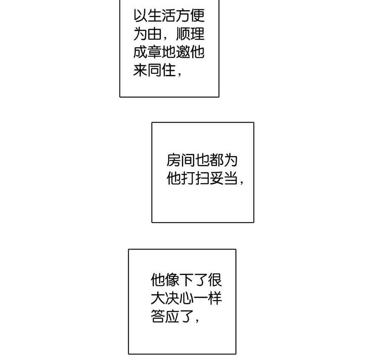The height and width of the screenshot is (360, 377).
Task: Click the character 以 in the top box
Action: pyautogui.click(x=140, y=15)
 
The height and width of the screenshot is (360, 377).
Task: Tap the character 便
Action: pyautogui.click(x=197, y=15)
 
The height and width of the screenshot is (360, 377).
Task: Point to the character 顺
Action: pyautogui.click(x=183, y=34)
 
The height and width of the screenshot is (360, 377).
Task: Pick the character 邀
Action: pyautogui.click(x=183, y=52)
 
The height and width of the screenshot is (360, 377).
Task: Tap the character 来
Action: pyautogui.click(x=140, y=70)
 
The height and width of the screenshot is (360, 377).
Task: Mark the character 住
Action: pyautogui.click(x=169, y=70)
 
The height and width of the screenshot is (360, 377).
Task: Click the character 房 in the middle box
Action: pyautogui.click(x=173, y=160)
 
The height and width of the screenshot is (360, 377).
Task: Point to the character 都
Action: pyautogui.click(x=216, y=160)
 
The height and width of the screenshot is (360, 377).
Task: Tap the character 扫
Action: pyautogui.click(x=202, y=178)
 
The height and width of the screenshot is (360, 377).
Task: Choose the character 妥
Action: pyautogui.click(x=216, y=178)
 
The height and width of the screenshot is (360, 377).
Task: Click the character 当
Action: pyautogui.click(x=231, y=178)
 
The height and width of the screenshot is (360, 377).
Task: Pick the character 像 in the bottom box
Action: pyautogui.click(x=172, y=280)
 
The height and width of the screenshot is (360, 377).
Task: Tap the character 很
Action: pyautogui.click(x=215, y=280)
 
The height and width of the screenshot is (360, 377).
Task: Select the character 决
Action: pyautogui.click(x=172, y=298)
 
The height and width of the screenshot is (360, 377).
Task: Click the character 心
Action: pyautogui.click(x=186, y=298)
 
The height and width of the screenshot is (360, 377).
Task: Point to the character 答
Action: pyautogui.click(x=158, y=316)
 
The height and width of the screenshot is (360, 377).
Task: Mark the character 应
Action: pyautogui.click(x=172, y=316)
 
